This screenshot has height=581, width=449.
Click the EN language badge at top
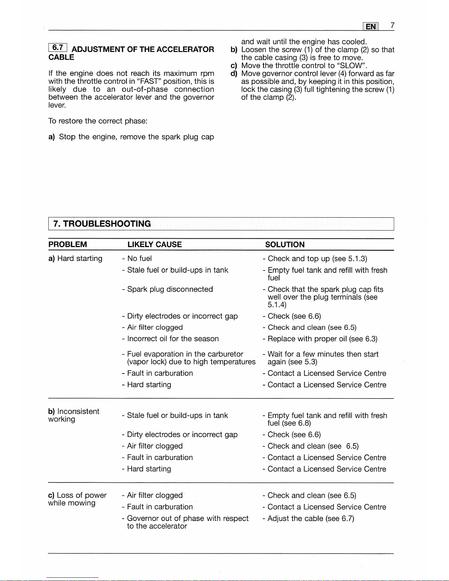371,26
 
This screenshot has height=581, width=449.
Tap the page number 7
392,25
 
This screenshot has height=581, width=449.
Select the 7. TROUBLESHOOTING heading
102,224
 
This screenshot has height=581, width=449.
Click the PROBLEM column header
68,244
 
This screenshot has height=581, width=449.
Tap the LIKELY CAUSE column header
154,244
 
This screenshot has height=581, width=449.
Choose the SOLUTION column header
285,244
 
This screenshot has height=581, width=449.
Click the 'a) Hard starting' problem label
76,258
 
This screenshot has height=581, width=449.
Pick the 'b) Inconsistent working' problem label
74,415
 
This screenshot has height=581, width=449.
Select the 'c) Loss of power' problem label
77,499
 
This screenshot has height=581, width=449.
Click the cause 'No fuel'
139,258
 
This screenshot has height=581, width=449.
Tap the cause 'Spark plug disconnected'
170,289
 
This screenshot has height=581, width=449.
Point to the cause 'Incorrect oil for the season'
173,339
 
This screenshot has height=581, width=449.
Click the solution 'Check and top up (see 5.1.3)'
317,258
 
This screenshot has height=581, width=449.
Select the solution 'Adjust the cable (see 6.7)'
310,518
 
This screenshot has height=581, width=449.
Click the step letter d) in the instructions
234,74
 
